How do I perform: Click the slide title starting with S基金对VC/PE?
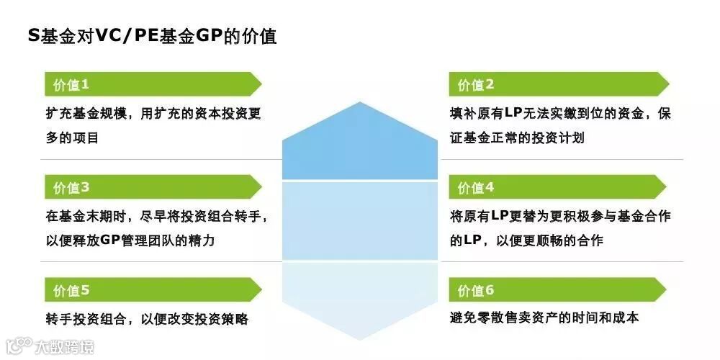[x=152, y=36]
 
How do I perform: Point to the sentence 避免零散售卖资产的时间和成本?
[x=544, y=318]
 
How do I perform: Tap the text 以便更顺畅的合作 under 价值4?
[x=554, y=240]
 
